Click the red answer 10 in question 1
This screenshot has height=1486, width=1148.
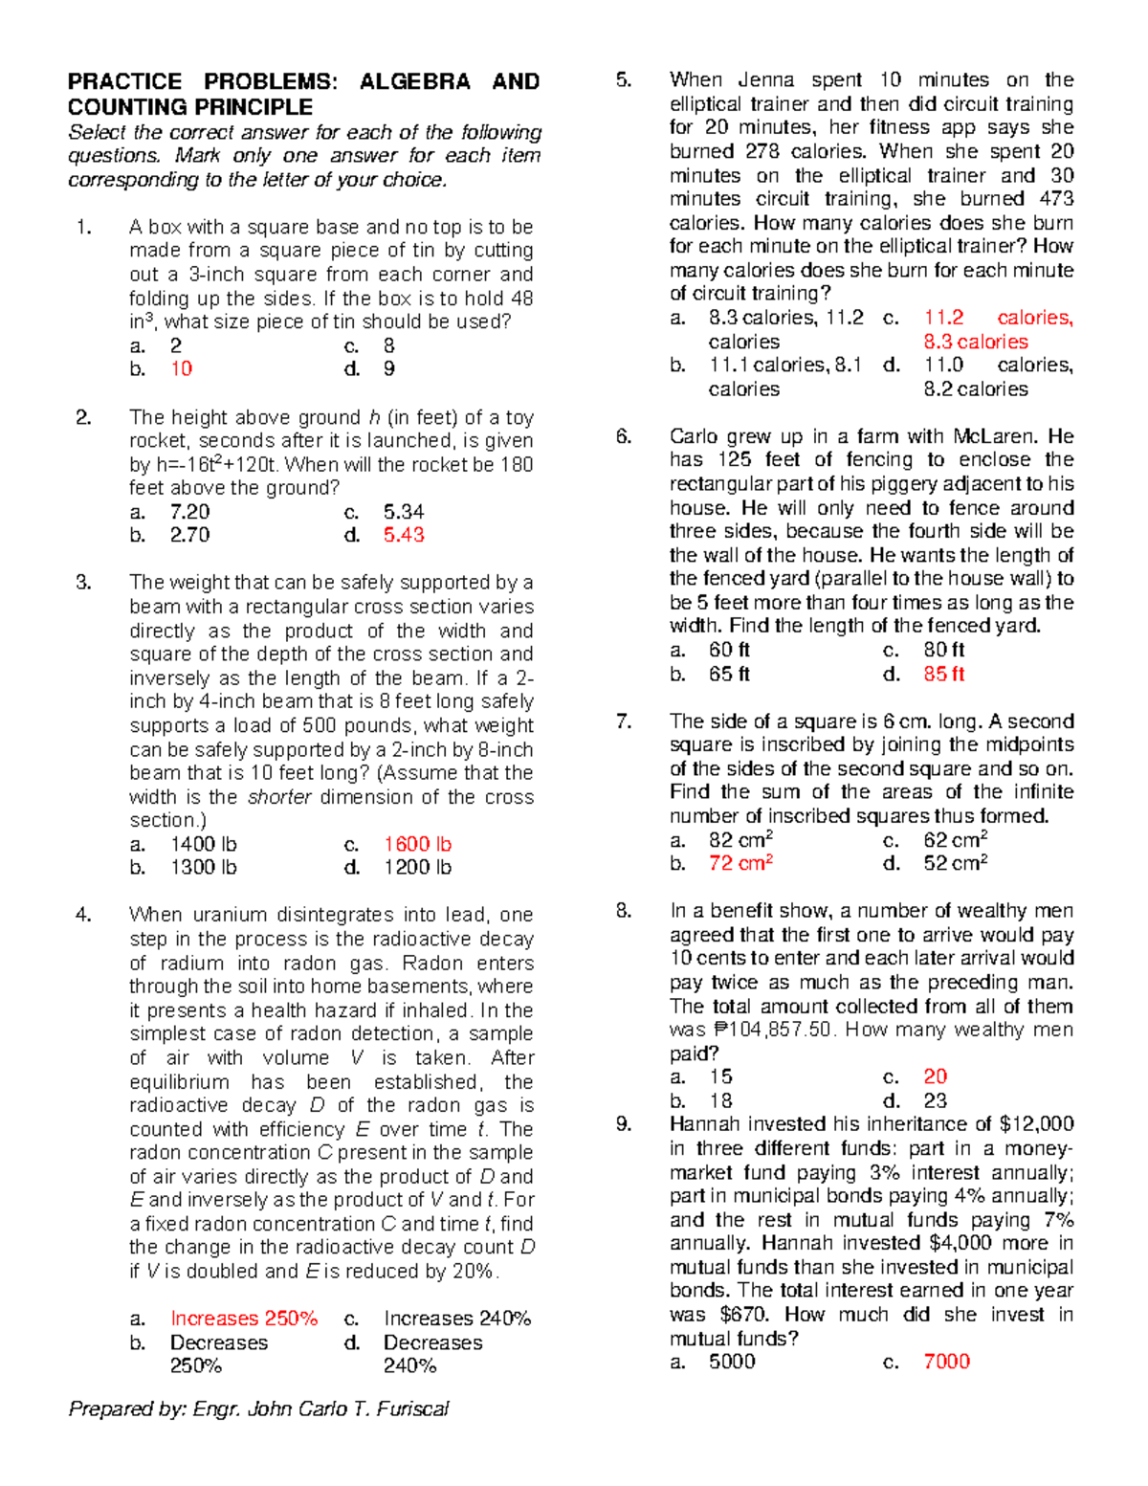[181, 369]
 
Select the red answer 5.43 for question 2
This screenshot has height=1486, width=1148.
[404, 535]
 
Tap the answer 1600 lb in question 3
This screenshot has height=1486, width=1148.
[417, 844]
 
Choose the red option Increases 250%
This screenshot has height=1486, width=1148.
[244, 1319]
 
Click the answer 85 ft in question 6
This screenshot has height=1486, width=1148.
[943, 674]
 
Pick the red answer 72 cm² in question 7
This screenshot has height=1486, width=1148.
[740, 863]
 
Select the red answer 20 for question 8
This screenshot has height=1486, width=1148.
[935, 1076]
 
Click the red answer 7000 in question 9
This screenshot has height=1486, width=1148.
[946, 1362]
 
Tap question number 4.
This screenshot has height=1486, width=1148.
[84, 915]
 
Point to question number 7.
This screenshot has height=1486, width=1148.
[624, 721]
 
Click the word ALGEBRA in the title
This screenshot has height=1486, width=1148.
[414, 82]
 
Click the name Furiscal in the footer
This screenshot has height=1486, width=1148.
[412, 1408]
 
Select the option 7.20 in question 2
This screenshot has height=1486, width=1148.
[189, 512]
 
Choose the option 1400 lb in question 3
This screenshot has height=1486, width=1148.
[203, 844]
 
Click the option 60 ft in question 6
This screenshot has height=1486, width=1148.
[729, 650]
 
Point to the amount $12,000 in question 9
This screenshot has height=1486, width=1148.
[1037, 1124]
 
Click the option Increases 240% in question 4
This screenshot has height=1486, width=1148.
[457, 1319]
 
